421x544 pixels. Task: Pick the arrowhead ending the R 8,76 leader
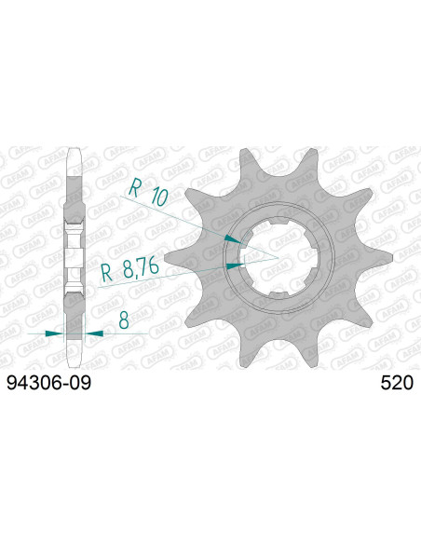click(237, 265)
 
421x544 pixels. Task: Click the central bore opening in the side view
click(74, 253)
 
